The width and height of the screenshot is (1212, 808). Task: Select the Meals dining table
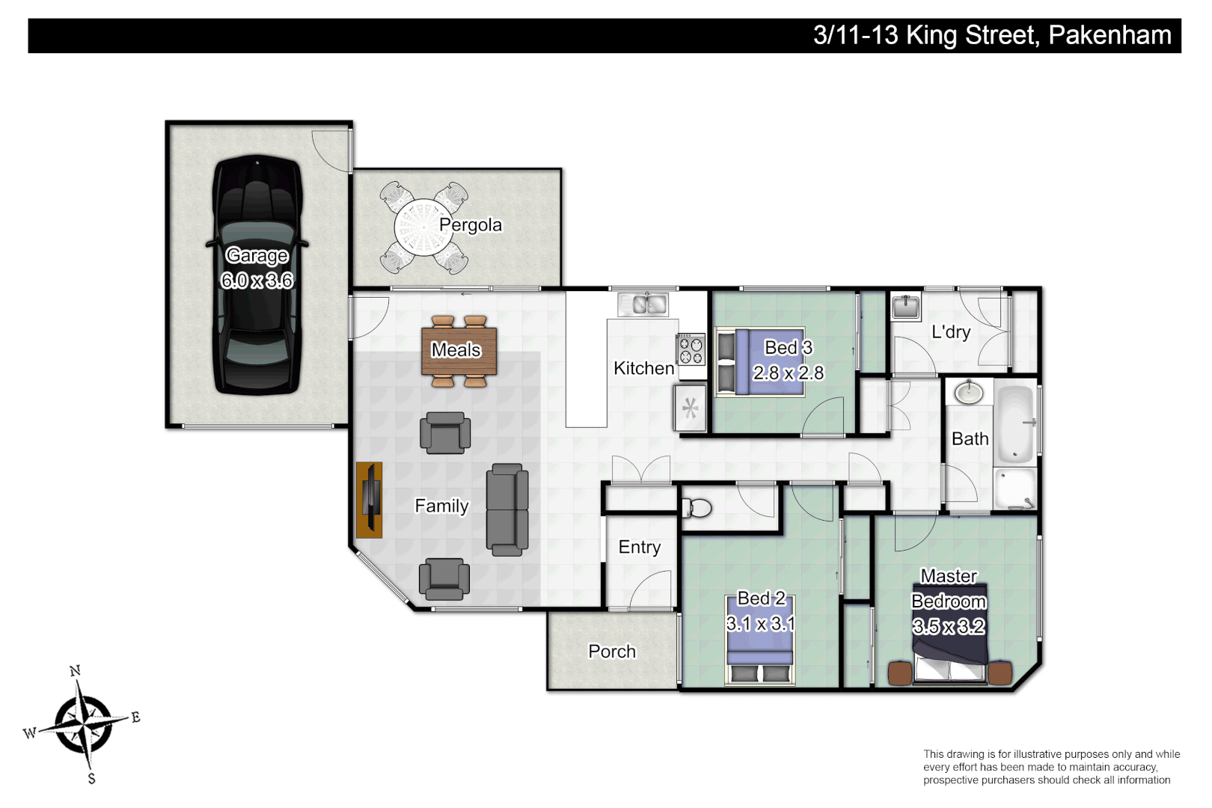point(459,351)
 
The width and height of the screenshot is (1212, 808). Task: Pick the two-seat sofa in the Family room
point(507,509)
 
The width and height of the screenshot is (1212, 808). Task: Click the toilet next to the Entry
point(697,509)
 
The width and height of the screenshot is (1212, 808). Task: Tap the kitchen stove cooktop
point(691,349)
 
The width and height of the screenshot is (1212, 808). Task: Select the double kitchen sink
point(643,304)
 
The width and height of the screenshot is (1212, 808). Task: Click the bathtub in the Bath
point(1015,424)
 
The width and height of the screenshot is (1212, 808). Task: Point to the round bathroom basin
point(969,392)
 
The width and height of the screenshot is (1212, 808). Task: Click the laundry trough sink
point(906,307)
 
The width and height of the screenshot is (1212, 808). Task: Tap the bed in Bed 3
point(759,362)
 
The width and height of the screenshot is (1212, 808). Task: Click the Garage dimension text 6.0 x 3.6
point(257,281)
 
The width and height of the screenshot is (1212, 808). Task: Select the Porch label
point(612,652)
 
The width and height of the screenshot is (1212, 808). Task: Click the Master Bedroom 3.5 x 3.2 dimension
point(949,627)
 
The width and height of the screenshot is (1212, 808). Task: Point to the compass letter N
point(75,671)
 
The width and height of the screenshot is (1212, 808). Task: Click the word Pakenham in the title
point(1110,35)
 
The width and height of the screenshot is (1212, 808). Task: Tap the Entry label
point(640,548)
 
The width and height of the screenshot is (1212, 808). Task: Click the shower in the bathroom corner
point(1015,489)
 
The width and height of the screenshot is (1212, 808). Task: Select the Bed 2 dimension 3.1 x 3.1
point(760,624)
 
